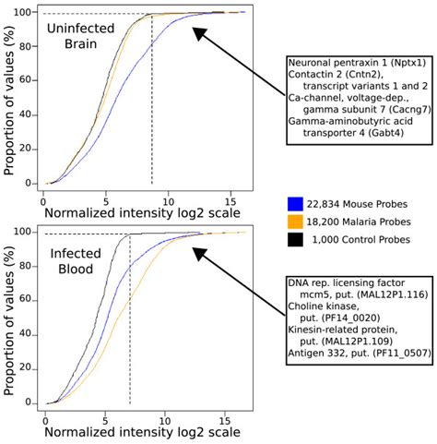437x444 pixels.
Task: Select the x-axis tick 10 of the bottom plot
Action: tap(166, 417)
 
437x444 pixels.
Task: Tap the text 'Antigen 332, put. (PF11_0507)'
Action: tap(362, 350)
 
